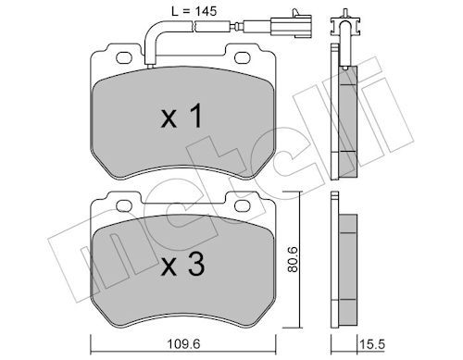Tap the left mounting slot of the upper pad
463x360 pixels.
pyautogui.click(x=119, y=59)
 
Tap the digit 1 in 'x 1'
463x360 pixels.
pyautogui.click(x=196, y=115)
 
